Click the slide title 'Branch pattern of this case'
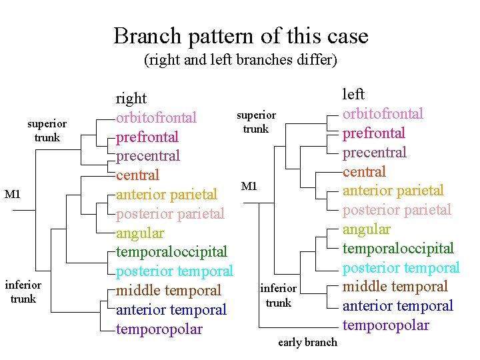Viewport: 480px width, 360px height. click(x=241, y=35)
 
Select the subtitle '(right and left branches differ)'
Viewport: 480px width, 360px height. click(x=241, y=60)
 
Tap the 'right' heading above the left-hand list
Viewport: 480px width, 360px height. click(x=131, y=99)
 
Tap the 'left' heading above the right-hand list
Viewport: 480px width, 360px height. click(x=353, y=95)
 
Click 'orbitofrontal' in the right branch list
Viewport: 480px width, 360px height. click(x=156, y=118)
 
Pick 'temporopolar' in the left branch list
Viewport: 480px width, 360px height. click(x=385, y=325)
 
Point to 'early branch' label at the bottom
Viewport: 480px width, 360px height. click(x=307, y=343)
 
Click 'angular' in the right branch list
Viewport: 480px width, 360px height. click(x=140, y=233)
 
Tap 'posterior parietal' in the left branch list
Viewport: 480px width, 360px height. click(x=397, y=210)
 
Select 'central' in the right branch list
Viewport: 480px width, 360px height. click(x=137, y=175)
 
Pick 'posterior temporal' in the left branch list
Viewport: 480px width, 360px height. click(x=401, y=268)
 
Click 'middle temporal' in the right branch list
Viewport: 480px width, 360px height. click(x=168, y=291)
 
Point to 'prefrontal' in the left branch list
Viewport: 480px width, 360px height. click(x=373, y=133)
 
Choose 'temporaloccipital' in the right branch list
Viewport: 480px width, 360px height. click(x=171, y=252)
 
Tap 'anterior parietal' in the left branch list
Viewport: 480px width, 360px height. click(x=393, y=191)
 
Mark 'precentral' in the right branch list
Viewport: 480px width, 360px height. click(x=147, y=156)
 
